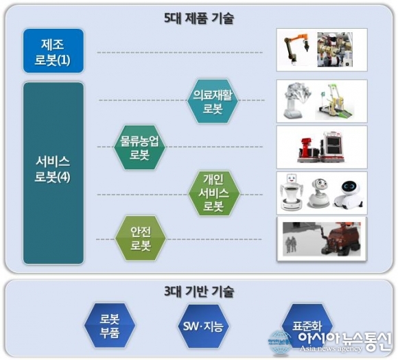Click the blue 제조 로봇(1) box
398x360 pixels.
[54, 51]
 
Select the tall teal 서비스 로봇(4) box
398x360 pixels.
[54, 173]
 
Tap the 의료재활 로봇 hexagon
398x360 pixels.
[213, 101]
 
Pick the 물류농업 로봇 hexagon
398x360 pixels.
[139, 147]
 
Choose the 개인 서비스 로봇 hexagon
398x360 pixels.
[214, 193]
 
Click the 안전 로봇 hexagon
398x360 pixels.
[141, 238]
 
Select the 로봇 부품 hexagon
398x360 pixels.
[110, 325]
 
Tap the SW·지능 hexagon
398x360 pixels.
[203, 326]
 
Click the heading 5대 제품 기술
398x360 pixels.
[199, 19]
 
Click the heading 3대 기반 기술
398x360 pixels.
[199, 291]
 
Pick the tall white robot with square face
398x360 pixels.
[292, 192]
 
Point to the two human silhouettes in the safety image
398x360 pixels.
[291, 245]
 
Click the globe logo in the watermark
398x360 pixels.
[281, 342]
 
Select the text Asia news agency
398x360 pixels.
[331, 348]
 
